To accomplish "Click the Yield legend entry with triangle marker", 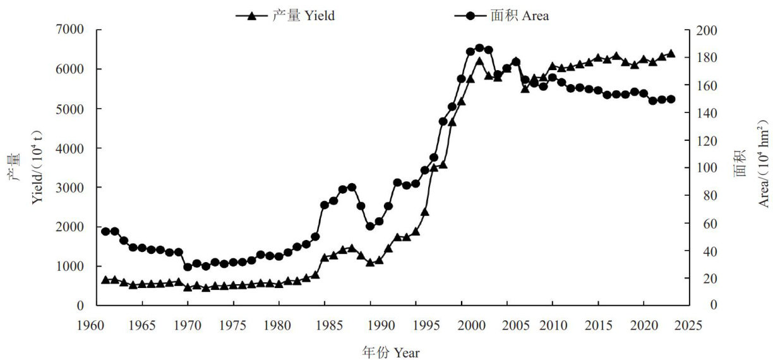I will [x=285, y=16].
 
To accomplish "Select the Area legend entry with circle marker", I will [x=501, y=16].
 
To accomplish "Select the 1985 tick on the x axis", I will [x=325, y=326].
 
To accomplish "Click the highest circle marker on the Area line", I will [x=479, y=48].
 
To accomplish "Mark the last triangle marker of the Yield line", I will [x=671, y=54].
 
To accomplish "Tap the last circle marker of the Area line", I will [x=671, y=99].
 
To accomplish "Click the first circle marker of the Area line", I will [x=105, y=232].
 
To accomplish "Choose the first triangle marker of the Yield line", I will [x=105, y=280].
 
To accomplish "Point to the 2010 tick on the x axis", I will [x=553, y=326].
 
